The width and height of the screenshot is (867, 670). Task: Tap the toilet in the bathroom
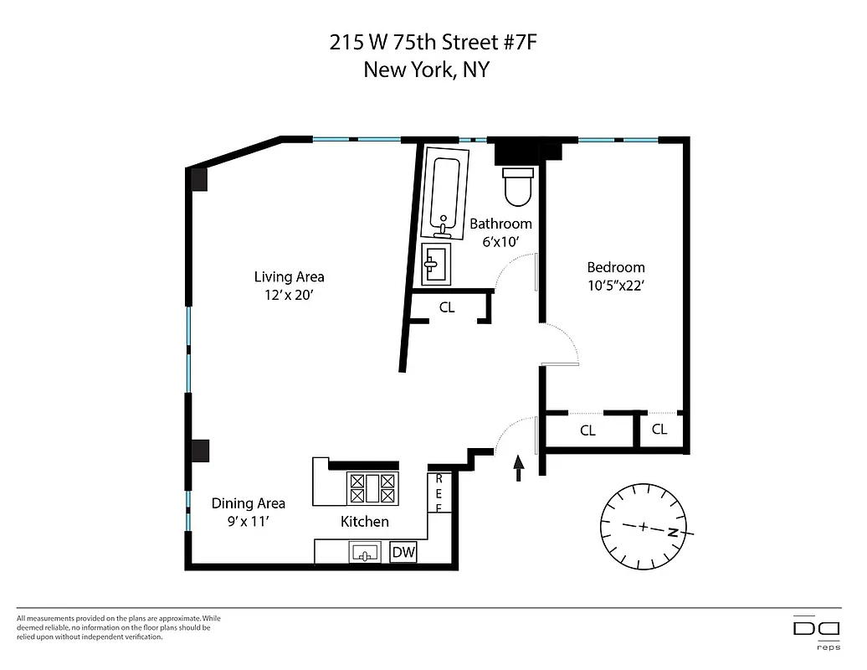coord(518,186)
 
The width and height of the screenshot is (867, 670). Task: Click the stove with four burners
coord(372,488)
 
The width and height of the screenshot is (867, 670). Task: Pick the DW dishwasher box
coord(403,552)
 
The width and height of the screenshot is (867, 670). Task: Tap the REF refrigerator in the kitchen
coord(439,493)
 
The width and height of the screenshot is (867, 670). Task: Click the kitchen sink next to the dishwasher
coord(366,552)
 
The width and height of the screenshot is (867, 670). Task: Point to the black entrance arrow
coord(518,468)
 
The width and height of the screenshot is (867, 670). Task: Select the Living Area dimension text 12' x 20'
coord(289,295)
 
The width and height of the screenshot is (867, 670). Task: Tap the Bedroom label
coord(615,267)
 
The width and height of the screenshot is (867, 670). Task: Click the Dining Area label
coord(248,503)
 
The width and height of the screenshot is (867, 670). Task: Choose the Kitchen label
coord(364,522)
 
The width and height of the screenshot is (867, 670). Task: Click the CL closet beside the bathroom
coord(447,307)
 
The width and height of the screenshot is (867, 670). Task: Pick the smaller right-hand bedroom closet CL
coord(659,430)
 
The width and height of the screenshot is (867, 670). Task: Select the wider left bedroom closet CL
coord(587,430)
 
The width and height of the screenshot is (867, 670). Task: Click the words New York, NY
coord(426,70)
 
